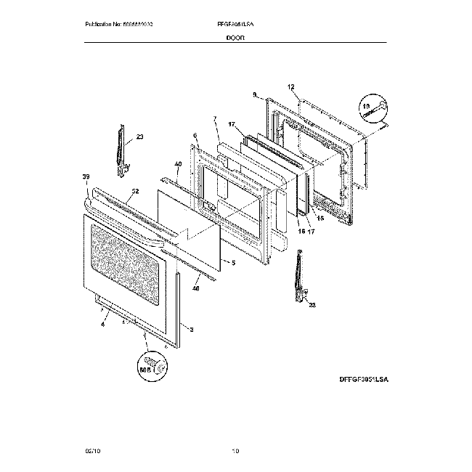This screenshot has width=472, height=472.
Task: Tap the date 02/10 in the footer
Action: (92, 452)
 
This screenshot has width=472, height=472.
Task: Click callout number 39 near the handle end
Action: (86, 177)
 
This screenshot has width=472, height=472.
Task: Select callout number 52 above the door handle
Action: (134, 192)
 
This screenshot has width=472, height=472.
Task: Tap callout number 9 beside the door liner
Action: (254, 94)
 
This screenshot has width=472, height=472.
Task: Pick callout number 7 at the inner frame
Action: (215, 118)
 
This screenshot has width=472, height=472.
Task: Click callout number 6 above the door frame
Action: (195, 135)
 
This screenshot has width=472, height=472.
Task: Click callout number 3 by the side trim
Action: (191, 330)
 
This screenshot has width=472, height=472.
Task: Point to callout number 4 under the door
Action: (102, 325)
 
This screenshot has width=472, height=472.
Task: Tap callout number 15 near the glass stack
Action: (320, 219)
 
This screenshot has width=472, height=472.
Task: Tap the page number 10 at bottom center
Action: (235, 452)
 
